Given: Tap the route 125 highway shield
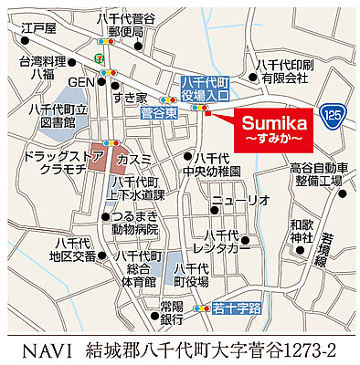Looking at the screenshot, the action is (x=334, y=114).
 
